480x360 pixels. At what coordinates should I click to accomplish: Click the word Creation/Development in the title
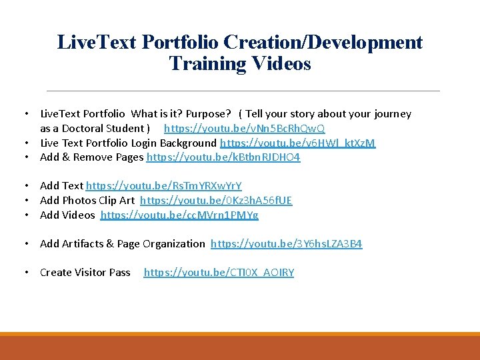(x=323, y=42)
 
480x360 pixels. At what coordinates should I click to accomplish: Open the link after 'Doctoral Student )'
(x=244, y=128)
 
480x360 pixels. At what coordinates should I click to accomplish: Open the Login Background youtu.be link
(x=297, y=143)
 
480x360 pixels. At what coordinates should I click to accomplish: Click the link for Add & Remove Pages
(x=223, y=157)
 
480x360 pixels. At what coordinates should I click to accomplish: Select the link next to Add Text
(x=163, y=185)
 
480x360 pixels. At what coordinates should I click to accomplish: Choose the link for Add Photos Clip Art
(x=216, y=200)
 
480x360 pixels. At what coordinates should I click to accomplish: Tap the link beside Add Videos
(x=179, y=215)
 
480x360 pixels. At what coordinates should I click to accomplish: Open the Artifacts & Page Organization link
(x=286, y=243)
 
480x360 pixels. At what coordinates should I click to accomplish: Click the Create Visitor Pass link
(x=219, y=272)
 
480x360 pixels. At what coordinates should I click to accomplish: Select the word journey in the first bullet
(x=393, y=114)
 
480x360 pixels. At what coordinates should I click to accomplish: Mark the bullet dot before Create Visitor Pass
(x=25, y=272)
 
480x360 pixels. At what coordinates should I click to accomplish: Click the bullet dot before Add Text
(x=25, y=185)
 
